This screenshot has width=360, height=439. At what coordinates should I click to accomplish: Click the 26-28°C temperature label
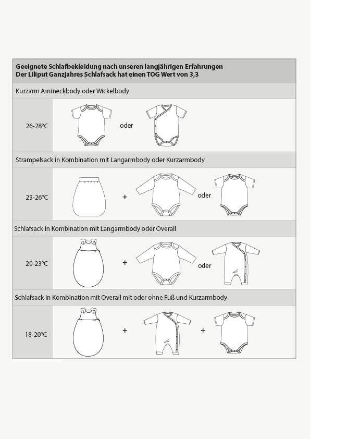36,126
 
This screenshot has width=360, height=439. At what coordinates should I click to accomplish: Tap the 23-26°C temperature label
36,197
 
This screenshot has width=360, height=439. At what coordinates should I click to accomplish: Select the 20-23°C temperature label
36,264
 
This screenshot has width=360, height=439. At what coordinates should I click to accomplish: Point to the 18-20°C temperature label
36,334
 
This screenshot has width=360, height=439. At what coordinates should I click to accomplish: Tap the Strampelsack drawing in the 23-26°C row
89,196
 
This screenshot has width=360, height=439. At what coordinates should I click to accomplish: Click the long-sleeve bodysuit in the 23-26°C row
166,194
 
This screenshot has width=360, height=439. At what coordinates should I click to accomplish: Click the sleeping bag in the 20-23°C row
89,263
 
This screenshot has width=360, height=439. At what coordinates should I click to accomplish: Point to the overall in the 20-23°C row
234,263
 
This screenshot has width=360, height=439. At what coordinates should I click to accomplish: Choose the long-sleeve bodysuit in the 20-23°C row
166,263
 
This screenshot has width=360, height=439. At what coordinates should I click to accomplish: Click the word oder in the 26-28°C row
127,126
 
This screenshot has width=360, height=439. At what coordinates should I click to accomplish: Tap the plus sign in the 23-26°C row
125,197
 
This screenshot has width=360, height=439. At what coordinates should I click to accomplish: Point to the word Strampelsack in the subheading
35,160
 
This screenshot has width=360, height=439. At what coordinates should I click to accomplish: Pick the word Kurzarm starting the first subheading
28,91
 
